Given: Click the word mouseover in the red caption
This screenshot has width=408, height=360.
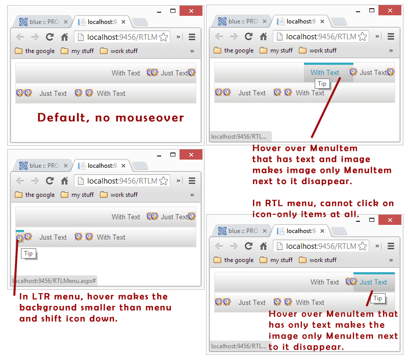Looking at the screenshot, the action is [149, 118].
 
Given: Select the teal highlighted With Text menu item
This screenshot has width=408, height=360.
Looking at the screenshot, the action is [325, 72].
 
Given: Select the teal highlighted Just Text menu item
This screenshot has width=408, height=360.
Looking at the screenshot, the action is [373, 282].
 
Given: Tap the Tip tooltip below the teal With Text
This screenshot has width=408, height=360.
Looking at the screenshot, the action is [322, 84].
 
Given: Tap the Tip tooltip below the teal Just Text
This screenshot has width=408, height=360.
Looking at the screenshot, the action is [377, 298].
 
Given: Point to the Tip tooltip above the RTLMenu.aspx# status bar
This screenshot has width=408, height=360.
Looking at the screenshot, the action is [29, 253].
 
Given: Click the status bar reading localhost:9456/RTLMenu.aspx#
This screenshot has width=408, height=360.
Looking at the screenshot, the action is [54, 281].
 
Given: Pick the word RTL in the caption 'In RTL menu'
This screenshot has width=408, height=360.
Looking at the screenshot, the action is [274, 203].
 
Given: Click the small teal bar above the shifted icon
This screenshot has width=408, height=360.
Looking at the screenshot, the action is [20, 230].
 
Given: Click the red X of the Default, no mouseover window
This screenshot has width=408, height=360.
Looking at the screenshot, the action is [191, 11].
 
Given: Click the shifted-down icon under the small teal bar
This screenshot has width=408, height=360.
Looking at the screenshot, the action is [19, 238].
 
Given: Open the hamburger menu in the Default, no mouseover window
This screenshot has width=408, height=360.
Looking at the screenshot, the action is [192, 37].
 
